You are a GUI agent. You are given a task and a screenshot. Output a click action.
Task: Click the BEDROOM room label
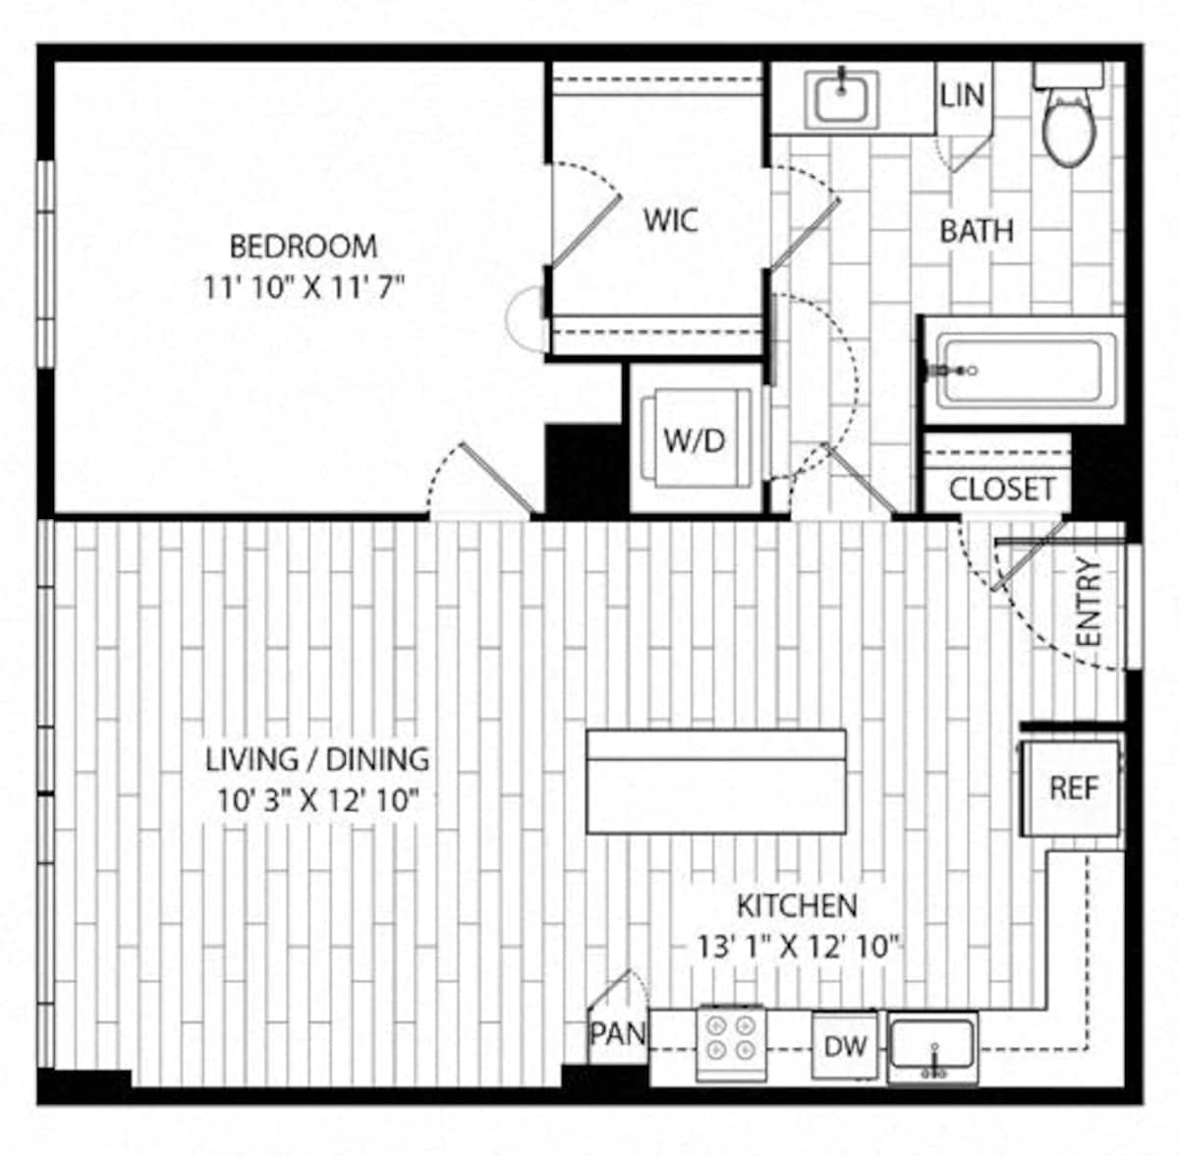point(303,245)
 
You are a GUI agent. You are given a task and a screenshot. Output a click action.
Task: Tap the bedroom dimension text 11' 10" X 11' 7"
point(303,288)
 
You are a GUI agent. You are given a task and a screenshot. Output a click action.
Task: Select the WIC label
point(671,219)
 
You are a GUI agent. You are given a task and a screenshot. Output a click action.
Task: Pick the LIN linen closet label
point(962,95)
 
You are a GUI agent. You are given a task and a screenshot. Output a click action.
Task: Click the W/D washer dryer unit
point(694,439)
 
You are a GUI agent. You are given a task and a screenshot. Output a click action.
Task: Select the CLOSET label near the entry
point(1001,489)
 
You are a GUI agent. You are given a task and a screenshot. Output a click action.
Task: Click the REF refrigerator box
point(1073,788)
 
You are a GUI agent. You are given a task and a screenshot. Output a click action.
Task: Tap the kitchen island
point(716,781)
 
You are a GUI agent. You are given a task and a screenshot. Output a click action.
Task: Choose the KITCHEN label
point(797,904)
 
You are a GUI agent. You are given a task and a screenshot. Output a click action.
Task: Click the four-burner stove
point(731,1041)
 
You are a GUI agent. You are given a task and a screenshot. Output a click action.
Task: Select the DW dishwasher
point(845,1046)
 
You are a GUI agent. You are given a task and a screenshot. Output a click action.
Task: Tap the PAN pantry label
point(617,1033)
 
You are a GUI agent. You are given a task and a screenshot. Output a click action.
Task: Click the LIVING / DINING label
point(317,759)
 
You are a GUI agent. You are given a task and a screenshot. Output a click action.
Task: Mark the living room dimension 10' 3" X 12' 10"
point(317,800)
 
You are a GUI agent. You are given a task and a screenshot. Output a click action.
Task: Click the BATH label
point(976,231)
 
